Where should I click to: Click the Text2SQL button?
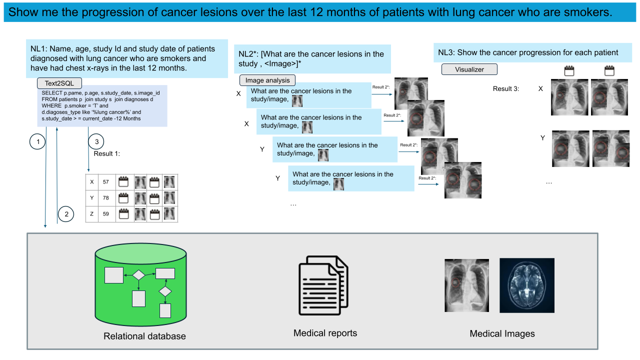pyautogui.click(x=59, y=83)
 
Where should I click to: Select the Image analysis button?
pyautogui.click(x=267, y=80)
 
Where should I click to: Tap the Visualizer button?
pyautogui.click(x=469, y=69)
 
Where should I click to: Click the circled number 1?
pyautogui.click(x=37, y=143)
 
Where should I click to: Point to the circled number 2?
pyautogui.click(x=65, y=215)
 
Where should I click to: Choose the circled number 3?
pyautogui.click(x=96, y=142)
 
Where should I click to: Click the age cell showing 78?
pyautogui.click(x=105, y=198)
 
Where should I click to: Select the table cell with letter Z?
pyautogui.click(x=91, y=214)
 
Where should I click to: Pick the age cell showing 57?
pyautogui.click(x=105, y=182)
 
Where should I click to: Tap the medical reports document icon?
pyautogui.click(x=323, y=288)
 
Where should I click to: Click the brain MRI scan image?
pyautogui.click(x=527, y=285)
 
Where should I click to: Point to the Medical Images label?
pyautogui.click(x=502, y=333)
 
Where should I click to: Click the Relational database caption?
pyautogui.click(x=144, y=336)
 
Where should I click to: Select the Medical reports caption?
pyautogui.click(x=325, y=333)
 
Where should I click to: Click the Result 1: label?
pyautogui.click(x=107, y=153)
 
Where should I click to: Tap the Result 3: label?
pyautogui.click(x=506, y=88)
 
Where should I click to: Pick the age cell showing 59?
pyautogui.click(x=105, y=214)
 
